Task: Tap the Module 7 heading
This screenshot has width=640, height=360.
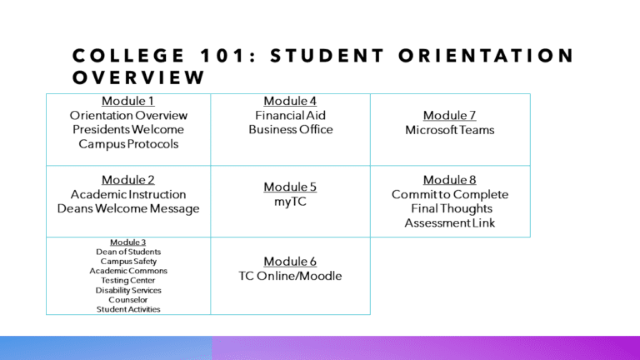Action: coord(449,116)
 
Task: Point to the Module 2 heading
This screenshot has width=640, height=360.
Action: coord(127,179)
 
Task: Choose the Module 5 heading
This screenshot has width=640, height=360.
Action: coord(290,187)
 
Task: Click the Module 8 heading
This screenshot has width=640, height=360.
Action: coord(449,179)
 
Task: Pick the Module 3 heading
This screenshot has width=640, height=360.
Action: coord(127,242)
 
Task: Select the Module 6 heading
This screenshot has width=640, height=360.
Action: coord(290,262)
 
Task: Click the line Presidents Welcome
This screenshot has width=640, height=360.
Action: coord(127,130)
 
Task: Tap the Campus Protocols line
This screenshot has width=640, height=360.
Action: coord(127,144)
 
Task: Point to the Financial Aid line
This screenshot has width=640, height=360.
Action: coord(290,116)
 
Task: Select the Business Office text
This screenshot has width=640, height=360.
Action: coord(290,130)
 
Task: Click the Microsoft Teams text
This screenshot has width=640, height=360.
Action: coord(449,130)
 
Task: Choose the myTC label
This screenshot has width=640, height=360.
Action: coord(290,202)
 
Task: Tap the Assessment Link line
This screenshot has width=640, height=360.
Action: coord(449,222)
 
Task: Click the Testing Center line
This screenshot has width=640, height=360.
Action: coord(127,280)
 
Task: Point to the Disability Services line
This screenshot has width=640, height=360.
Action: coord(127,290)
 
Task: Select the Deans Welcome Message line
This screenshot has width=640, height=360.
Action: coord(127,208)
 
